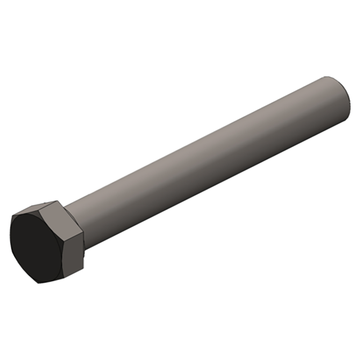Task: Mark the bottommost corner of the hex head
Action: click(x=40, y=283)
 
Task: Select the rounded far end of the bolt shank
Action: click(x=346, y=99)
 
